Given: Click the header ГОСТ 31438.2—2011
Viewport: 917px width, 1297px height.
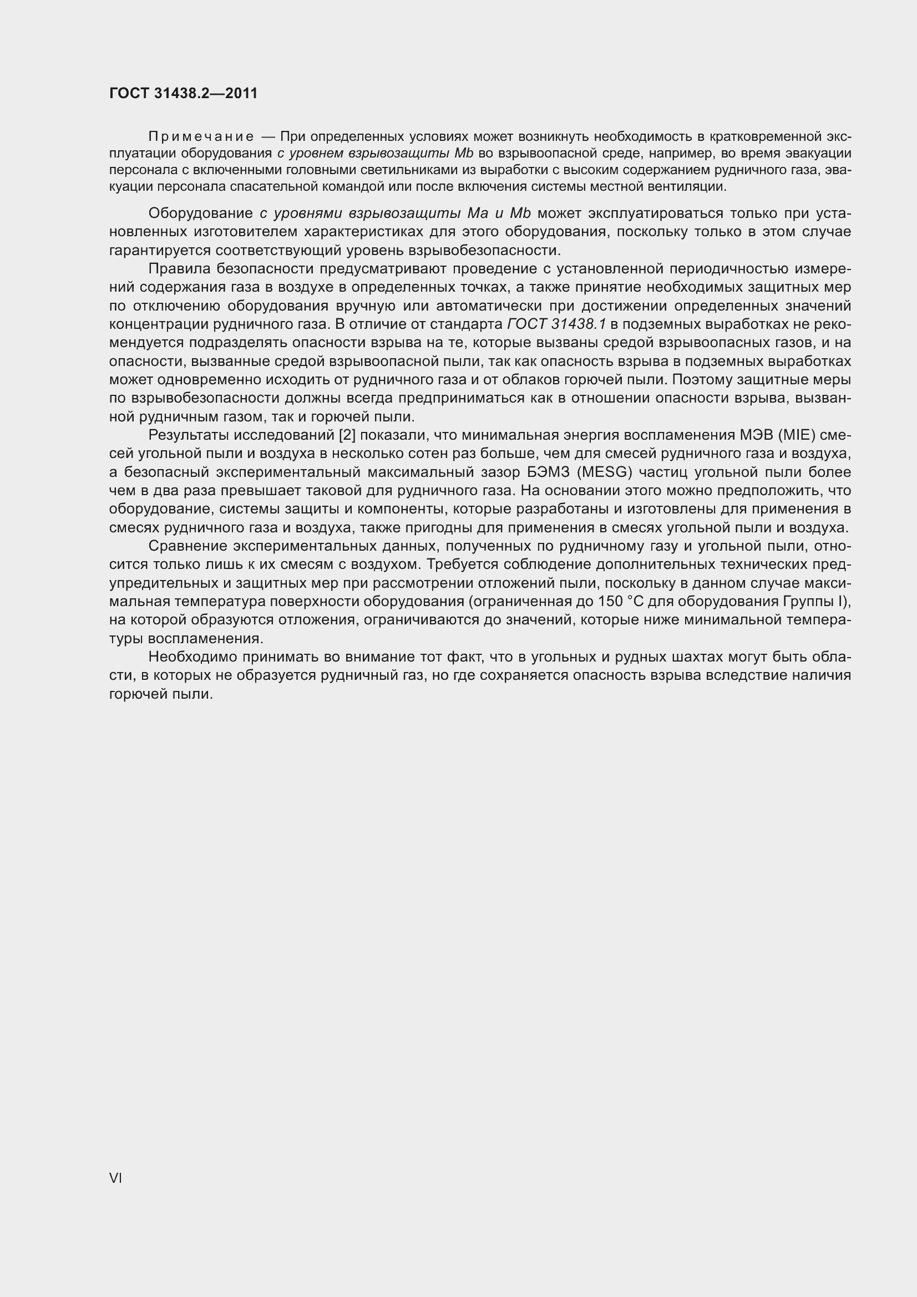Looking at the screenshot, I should coord(183,93).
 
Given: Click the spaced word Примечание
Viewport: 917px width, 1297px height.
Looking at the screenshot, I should coord(201,137).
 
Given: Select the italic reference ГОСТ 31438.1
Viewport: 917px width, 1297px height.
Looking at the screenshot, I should coord(556,324).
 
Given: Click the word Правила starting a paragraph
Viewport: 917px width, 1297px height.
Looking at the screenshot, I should coord(178,269).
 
